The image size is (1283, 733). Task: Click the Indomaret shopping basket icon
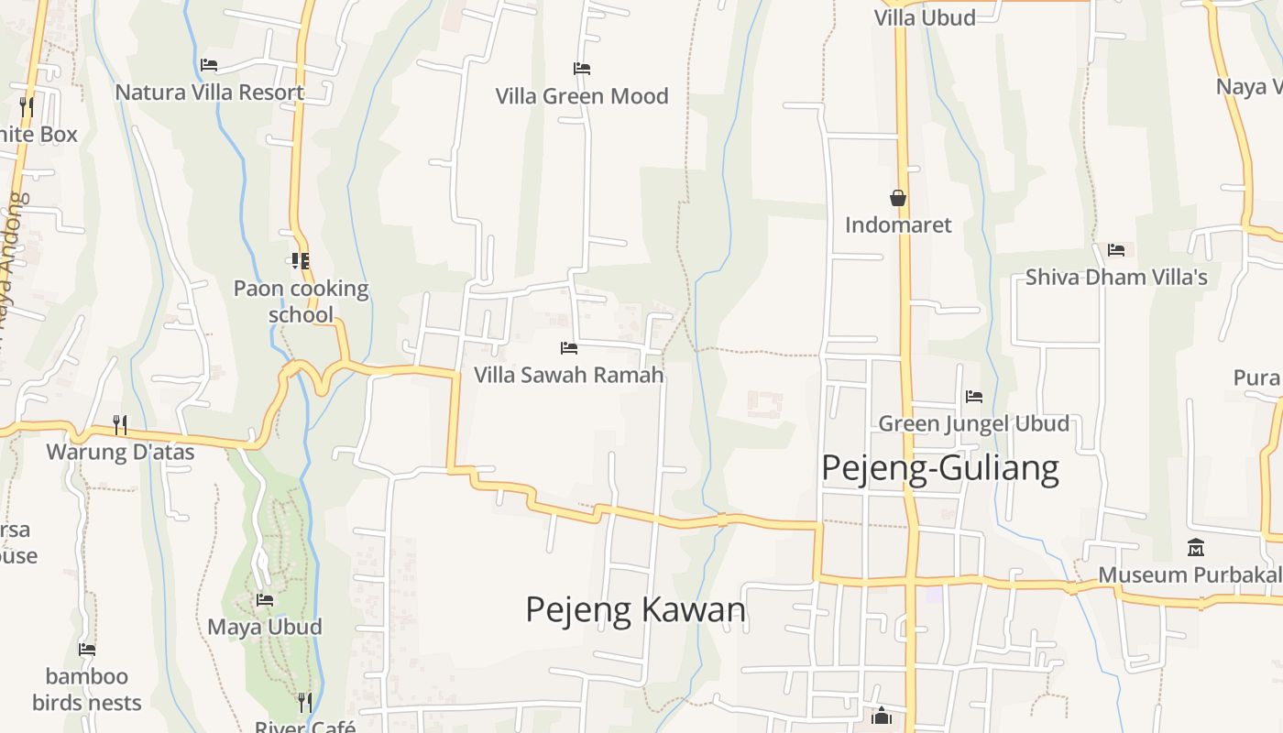[898, 198]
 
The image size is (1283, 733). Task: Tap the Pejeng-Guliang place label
[940, 468]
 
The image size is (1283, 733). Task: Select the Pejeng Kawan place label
[636, 609]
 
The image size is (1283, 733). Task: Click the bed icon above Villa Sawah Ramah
[569, 348]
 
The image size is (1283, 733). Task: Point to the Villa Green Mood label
[582, 96]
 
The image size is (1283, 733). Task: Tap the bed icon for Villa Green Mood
[582, 69]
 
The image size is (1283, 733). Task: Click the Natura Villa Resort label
[210, 93]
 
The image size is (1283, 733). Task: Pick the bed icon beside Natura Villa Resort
[209, 65]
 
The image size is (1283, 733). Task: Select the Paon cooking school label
[301, 301]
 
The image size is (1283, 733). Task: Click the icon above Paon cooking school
[300, 261]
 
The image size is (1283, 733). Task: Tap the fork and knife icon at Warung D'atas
[120, 424]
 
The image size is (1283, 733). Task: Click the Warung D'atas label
[120, 452]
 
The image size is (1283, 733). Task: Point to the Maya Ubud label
[265, 628]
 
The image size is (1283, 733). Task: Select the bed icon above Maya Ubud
[265, 600]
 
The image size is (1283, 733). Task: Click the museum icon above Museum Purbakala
[1196, 548]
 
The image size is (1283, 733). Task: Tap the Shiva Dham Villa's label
[1116, 277]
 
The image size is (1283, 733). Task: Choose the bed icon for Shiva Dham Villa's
[1116, 249]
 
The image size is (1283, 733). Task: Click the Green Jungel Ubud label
[974, 423]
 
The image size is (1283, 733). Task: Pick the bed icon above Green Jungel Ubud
[974, 397]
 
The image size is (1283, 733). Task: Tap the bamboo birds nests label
[87, 690]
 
